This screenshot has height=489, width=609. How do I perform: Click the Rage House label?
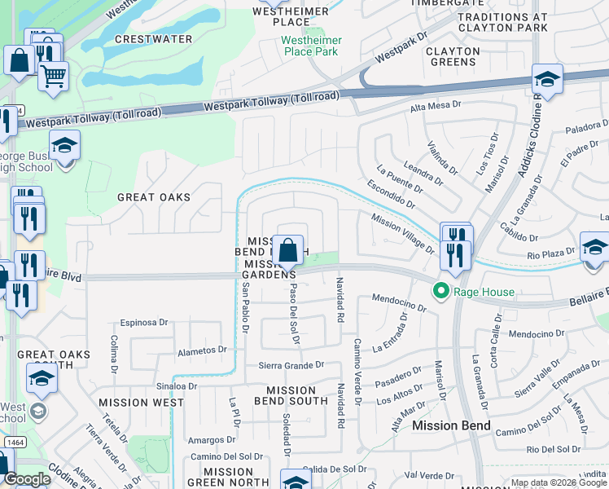pyautogui.click(x=486, y=292)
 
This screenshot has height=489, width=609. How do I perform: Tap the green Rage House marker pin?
pyautogui.click(x=441, y=290)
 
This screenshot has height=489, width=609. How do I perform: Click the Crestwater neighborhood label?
pyautogui.click(x=154, y=39)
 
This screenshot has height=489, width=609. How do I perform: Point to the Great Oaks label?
pyautogui.click(x=154, y=197)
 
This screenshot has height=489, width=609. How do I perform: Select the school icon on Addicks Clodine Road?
pyautogui.click(x=546, y=81)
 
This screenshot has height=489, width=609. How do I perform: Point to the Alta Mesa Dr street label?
pyautogui.click(x=436, y=106)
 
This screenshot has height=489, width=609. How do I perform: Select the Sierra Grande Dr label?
pyautogui.click(x=291, y=366)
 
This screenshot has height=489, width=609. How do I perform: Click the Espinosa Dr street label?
pyautogui.click(x=144, y=323)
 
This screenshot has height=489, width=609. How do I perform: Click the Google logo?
pyautogui.click(x=26, y=479)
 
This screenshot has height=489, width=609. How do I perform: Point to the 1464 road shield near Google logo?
pyautogui.click(x=11, y=441)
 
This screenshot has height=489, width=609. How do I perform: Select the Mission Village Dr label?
pyautogui.click(x=403, y=231)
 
